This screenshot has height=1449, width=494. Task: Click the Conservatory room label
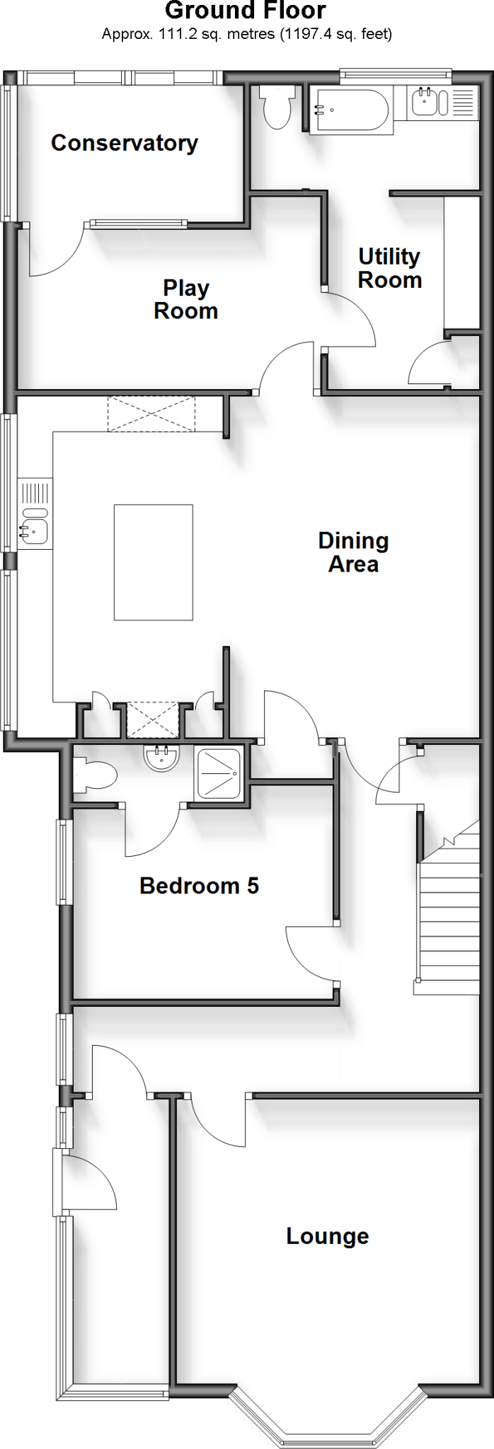[x=125, y=143]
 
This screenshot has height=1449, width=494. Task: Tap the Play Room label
[x=185, y=299]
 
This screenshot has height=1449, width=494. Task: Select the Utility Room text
[x=389, y=268]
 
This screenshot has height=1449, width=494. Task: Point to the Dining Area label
[x=353, y=553]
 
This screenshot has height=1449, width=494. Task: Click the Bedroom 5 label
[x=199, y=886]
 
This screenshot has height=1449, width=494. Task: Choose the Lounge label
[x=327, y=1236]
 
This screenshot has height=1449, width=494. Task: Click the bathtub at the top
[x=351, y=109]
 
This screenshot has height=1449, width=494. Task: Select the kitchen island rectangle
[x=154, y=562]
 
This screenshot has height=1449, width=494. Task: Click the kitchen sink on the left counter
[x=35, y=527]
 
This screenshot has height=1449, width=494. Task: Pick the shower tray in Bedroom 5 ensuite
[x=219, y=773]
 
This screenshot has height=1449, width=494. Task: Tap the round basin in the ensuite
[x=161, y=757]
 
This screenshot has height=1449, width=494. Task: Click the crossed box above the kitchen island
[x=151, y=414]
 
